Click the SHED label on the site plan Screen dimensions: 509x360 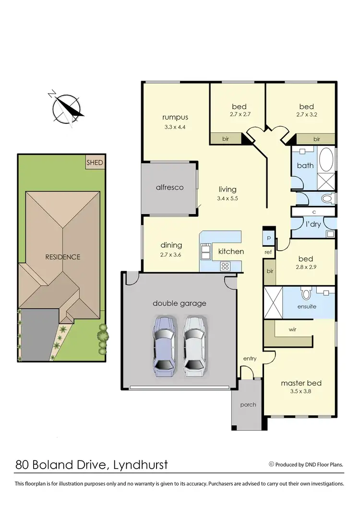tap(95, 163)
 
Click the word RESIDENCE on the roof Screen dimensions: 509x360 tap(62, 257)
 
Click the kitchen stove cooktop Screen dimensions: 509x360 tap(225, 266)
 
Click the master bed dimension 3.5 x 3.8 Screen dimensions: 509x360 tap(301, 392)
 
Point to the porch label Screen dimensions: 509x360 tap(248, 405)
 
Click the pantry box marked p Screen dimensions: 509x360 tap(268, 238)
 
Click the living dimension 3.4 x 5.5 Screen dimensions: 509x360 tap(228, 198)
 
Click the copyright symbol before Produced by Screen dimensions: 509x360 tap(271, 464)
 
